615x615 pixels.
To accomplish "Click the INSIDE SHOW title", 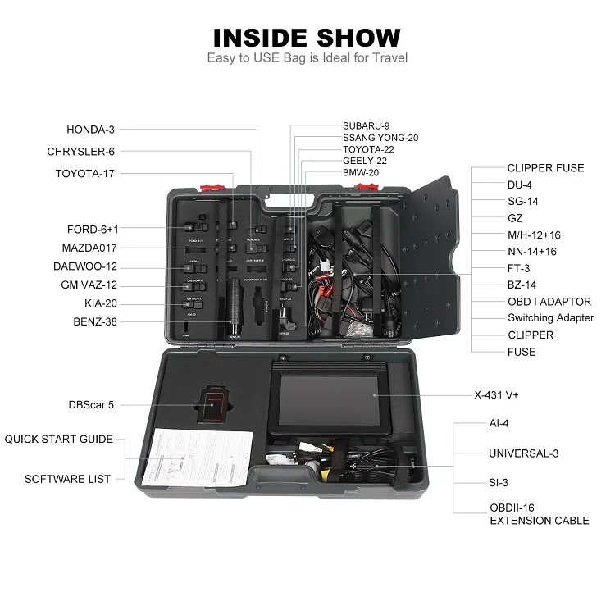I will click(x=307, y=37).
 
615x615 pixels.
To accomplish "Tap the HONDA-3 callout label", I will click(x=90, y=130).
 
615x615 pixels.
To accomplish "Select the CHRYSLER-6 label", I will click(x=80, y=152).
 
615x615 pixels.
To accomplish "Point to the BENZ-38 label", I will click(x=94, y=322).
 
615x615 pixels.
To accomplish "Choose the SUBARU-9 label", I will click(x=366, y=125).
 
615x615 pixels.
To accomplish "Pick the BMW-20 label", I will click(x=361, y=173).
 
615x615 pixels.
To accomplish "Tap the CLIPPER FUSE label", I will click(x=545, y=168).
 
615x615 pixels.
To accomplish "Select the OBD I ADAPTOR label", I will click(x=549, y=302).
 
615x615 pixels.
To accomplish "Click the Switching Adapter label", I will click(x=550, y=318).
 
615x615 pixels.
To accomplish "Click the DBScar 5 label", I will click(x=91, y=405).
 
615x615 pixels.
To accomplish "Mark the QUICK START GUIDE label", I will click(x=59, y=440).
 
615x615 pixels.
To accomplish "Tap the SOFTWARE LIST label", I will click(x=67, y=479).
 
